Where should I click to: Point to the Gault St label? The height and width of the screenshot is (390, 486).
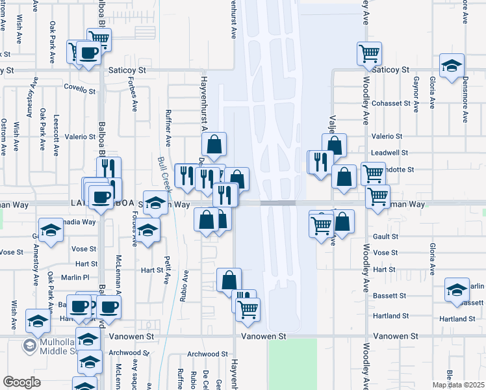385,237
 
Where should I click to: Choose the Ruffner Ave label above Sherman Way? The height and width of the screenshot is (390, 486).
168,127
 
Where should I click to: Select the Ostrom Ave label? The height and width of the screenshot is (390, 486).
5,136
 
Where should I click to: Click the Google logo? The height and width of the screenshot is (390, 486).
21,382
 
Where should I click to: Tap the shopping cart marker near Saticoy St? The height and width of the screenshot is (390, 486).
370,53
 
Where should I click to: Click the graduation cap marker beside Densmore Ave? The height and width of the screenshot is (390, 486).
452,65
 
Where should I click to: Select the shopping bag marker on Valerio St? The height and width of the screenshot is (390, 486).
334,145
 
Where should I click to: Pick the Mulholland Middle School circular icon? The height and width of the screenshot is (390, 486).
30,344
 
